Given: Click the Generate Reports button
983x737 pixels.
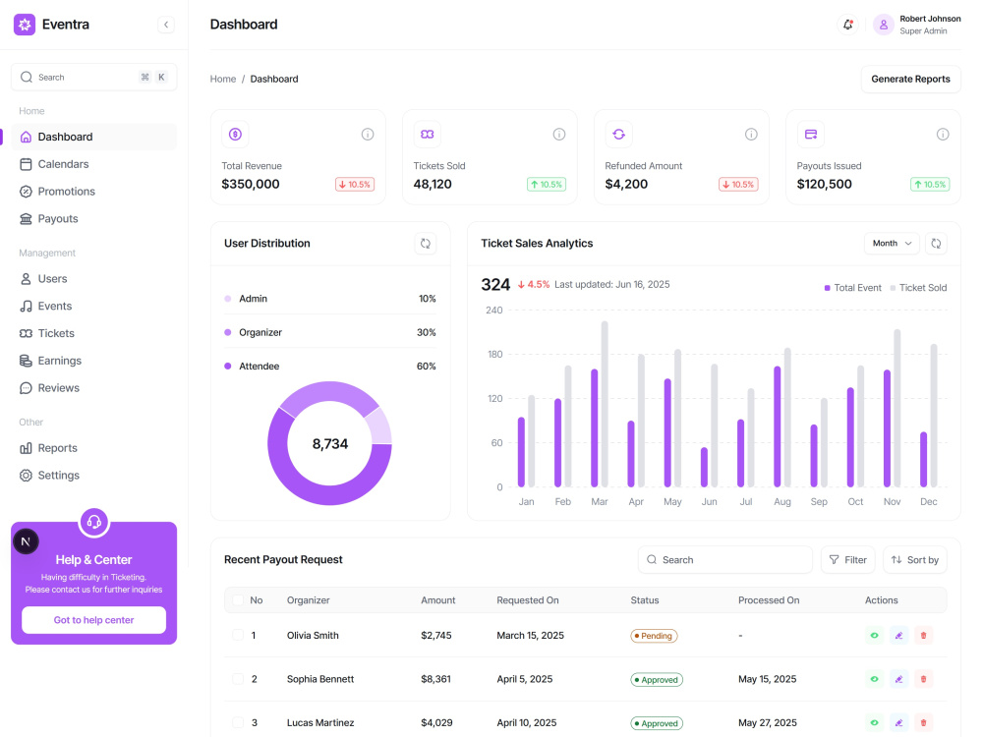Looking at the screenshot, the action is point(910,79).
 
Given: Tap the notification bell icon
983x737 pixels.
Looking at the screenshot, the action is point(847,25).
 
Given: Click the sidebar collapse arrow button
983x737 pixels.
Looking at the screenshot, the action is point(166,25).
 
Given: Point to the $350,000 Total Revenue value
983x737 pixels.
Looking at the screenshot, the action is point(250,185).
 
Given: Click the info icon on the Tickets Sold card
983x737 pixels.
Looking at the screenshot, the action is point(559,134).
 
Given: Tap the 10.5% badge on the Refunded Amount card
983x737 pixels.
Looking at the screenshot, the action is point(738,185).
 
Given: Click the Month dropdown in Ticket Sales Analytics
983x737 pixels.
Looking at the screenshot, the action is point(892,243).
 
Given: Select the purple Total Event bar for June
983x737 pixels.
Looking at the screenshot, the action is point(704,468).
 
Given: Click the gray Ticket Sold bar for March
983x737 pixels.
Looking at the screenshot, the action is point(605,404).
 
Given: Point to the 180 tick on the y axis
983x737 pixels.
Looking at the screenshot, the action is point(495,354).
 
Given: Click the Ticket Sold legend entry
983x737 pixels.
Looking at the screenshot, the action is point(918,288).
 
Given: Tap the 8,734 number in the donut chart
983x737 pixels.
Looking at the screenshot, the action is point(329,444).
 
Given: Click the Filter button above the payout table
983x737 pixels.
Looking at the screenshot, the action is point(847,560).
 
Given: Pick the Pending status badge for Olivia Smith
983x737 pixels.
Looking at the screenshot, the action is point(654,636).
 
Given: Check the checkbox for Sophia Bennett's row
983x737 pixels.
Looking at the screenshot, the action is point(238,679).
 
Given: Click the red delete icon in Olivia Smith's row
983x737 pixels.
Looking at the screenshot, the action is point(923,636).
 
